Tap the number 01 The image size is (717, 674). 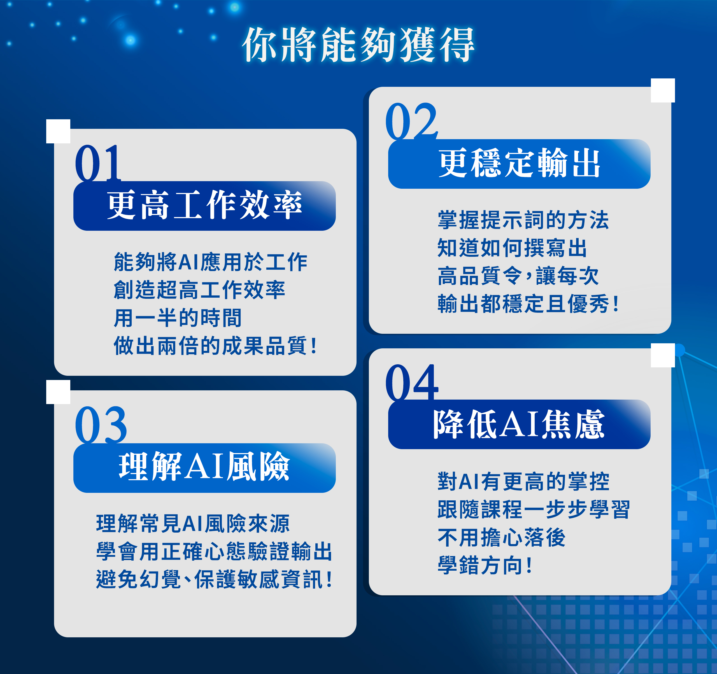tap(98, 163)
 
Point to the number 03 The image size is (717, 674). tap(101, 425)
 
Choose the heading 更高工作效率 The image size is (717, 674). tap(204, 206)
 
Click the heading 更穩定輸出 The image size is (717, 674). tap(519, 163)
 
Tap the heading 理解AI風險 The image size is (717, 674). tap(204, 467)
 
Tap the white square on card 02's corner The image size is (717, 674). tap(663, 90)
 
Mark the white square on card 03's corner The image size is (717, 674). tap(58, 392)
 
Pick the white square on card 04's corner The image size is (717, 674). tap(663, 355)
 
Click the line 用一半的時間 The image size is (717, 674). tap(178, 318)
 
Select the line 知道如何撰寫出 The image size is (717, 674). tap(512, 248)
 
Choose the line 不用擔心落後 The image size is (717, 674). tap(501, 538)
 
